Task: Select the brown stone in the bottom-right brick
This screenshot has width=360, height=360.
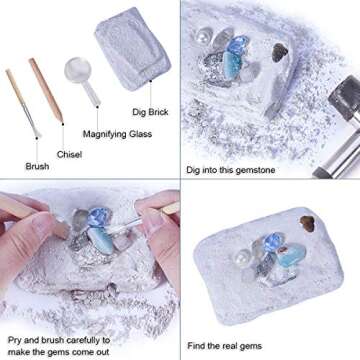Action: (x=303, y=225)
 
